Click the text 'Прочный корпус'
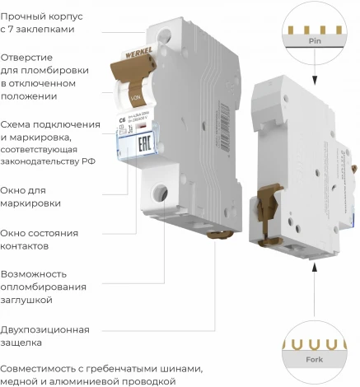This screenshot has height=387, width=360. (x=41, y=14)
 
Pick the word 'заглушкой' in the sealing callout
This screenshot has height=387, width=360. (x=29, y=300)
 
